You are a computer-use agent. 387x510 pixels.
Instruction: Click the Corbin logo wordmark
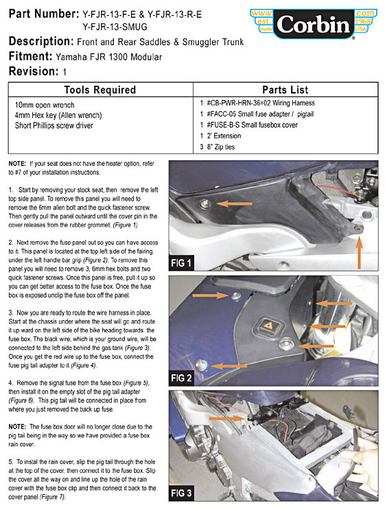(314, 25)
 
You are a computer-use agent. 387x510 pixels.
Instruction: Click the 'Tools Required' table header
(100, 90)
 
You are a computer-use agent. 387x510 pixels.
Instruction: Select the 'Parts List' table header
(285, 90)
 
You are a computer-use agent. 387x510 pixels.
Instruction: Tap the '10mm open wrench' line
(45, 105)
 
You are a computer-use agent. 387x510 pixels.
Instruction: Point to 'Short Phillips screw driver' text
(54, 125)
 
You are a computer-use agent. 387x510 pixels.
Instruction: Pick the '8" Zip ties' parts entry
(221, 147)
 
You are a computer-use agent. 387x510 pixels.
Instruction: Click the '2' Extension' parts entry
(224, 136)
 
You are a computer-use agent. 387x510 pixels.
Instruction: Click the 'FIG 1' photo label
(181, 263)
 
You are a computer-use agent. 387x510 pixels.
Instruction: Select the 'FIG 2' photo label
(181, 378)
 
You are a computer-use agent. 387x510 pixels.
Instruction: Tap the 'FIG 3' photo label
(181, 493)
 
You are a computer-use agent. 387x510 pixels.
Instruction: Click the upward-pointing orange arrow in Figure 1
(359, 253)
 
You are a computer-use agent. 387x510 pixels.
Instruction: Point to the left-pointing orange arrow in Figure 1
(233, 204)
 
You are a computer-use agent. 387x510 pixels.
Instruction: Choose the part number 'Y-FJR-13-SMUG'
(115, 27)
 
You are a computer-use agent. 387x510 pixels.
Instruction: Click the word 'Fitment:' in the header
(30, 56)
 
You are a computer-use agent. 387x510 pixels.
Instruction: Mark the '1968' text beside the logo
(363, 21)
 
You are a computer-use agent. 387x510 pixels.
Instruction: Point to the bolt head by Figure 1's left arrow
(205, 204)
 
